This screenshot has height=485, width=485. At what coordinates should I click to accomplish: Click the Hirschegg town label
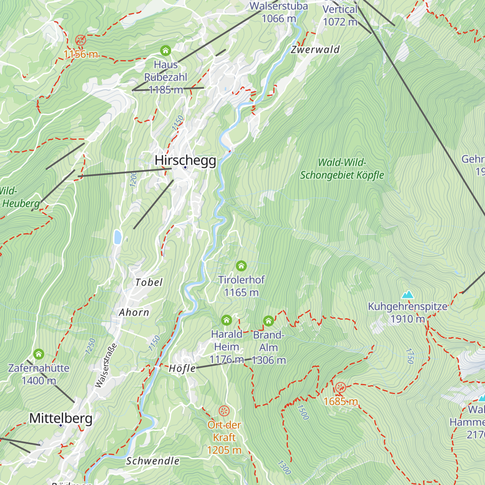pyautogui.click(x=186, y=160)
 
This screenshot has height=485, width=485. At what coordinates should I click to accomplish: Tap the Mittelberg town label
pyautogui.click(x=61, y=418)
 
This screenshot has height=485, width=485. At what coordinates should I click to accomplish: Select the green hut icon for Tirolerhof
pyautogui.click(x=241, y=266)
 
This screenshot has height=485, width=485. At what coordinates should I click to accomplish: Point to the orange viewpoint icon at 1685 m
pyautogui.click(x=341, y=387)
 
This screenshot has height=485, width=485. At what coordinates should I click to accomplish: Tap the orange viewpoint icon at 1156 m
pyautogui.click(x=80, y=40)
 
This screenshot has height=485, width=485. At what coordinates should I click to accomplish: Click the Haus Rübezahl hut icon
pyautogui.click(x=165, y=51)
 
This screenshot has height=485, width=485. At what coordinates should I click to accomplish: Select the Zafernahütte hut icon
pyautogui.click(x=39, y=354)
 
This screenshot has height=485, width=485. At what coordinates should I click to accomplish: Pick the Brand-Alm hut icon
pyautogui.click(x=268, y=321)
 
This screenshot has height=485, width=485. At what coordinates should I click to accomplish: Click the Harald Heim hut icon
pyautogui.click(x=226, y=321)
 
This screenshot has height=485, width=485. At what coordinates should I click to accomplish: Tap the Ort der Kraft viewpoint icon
pyautogui.click(x=224, y=411)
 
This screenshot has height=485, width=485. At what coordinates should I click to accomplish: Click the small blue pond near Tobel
pyautogui.click(x=118, y=237)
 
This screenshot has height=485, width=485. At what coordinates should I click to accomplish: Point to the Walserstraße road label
pyautogui.click(x=106, y=365)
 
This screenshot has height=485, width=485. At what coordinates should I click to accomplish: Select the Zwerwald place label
pyautogui.click(x=315, y=50)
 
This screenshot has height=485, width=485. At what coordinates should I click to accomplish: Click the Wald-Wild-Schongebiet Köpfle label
pyautogui.click(x=342, y=169)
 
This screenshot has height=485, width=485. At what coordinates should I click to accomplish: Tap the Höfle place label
pyautogui.click(x=182, y=368)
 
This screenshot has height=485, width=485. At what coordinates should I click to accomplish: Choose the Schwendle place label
pyautogui.click(x=153, y=461)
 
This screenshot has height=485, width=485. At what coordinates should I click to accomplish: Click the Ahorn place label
pyautogui.click(x=134, y=312)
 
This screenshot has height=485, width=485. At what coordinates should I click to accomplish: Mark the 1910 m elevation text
pyautogui.click(x=407, y=319)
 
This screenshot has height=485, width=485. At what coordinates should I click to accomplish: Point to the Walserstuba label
pyautogui.click(x=278, y=6)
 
